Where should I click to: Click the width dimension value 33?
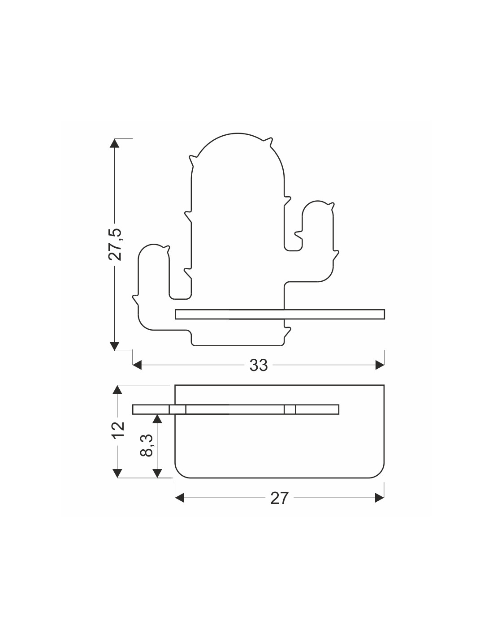(x=259, y=365)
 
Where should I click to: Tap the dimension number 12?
(x=118, y=430)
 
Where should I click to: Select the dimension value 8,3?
(x=147, y=446)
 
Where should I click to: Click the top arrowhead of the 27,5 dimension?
(x=114, y=143)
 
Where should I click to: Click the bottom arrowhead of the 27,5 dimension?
(x=114, y=346)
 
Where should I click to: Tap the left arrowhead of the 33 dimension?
(x=137, y=365)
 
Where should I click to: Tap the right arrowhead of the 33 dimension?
(x=380, y=365)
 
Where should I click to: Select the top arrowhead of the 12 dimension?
(x=117, y=390)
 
